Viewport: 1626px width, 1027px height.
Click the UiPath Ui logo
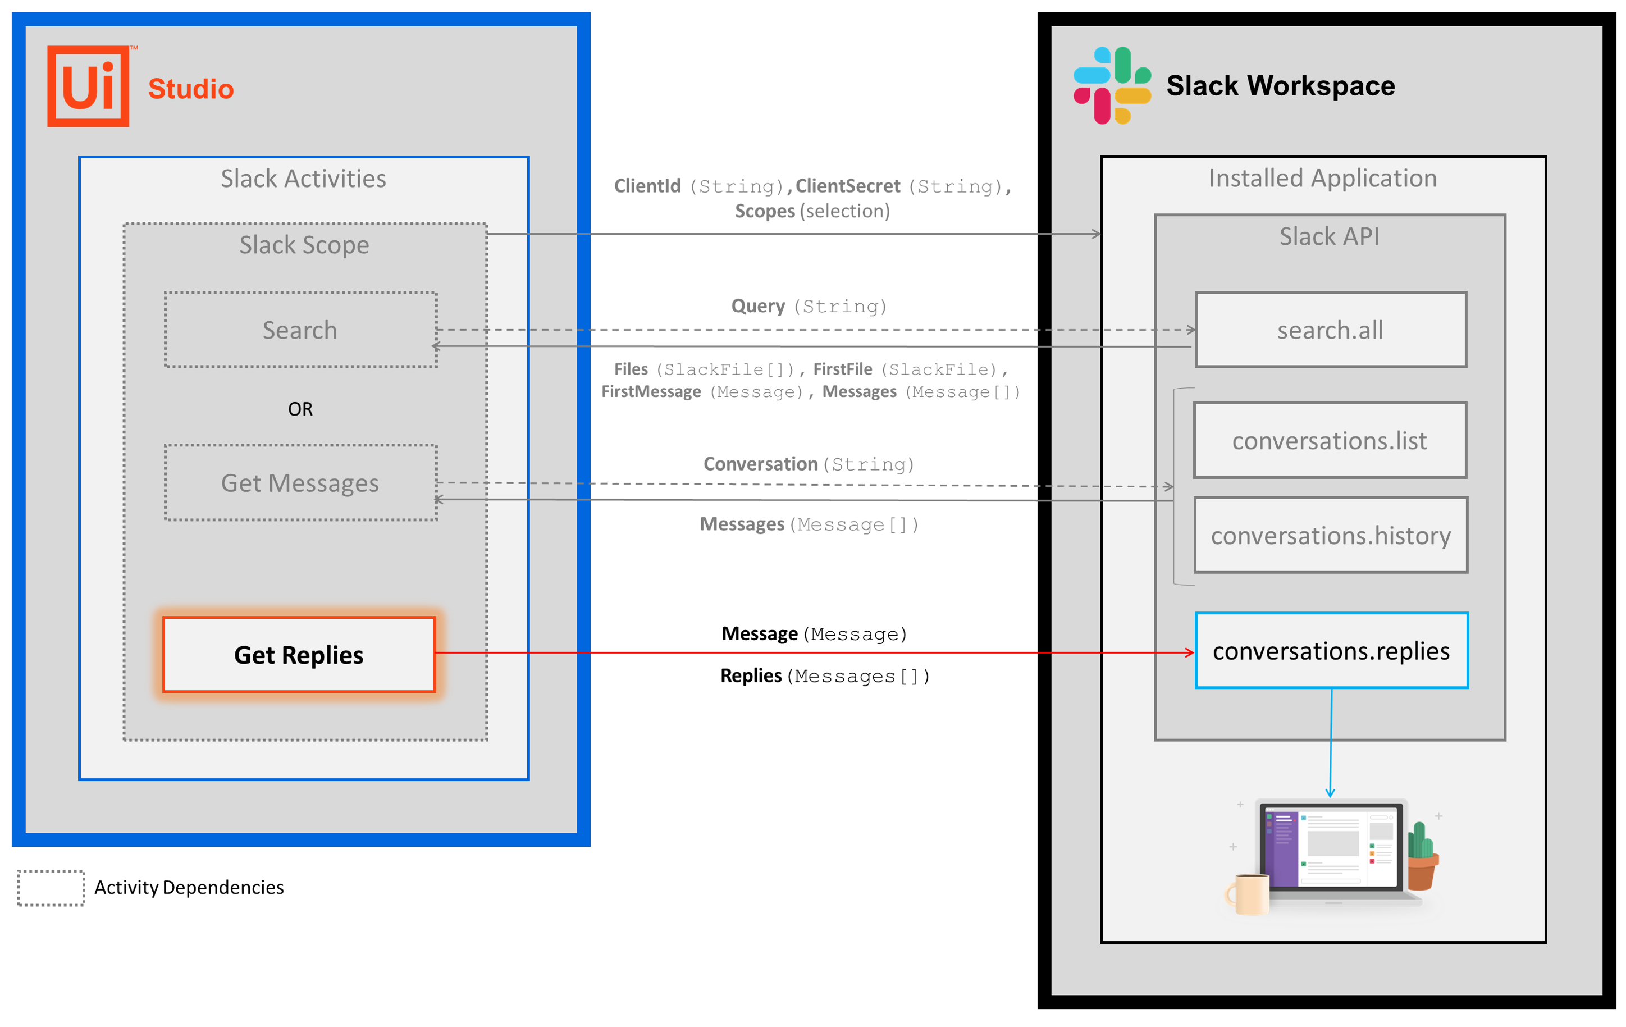89,86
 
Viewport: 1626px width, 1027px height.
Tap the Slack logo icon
1112,86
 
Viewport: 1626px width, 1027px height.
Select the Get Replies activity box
299,654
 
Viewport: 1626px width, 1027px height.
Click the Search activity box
300,330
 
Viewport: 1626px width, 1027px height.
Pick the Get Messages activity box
300,483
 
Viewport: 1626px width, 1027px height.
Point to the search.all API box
1330,330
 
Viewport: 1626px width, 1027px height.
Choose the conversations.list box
1330,441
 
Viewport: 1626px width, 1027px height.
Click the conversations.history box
1330,536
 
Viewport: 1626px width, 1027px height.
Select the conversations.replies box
1331,651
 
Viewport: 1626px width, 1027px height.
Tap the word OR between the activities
300,409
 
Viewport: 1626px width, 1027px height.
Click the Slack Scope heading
304,244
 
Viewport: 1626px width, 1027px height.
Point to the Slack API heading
1329,236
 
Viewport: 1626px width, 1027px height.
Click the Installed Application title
1322,178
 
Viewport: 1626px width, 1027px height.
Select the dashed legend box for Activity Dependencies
51,888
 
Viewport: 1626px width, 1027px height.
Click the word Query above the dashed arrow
757,306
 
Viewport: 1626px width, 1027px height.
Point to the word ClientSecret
847,186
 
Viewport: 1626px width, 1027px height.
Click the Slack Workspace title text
1280,86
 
